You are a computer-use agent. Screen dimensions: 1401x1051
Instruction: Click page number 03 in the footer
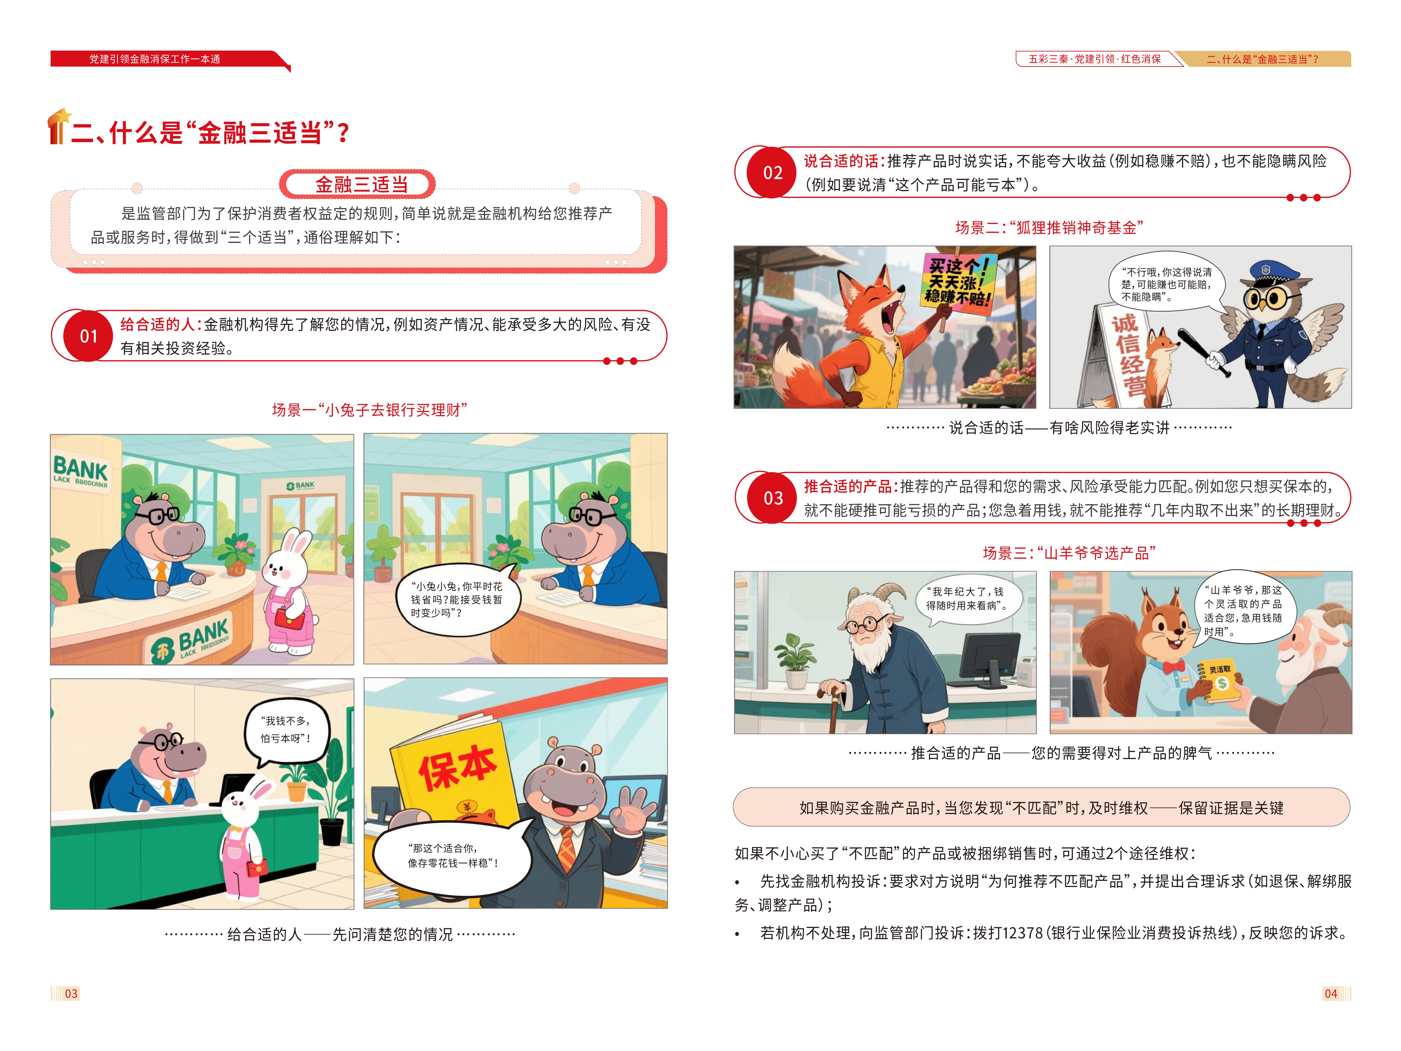pos(71,993)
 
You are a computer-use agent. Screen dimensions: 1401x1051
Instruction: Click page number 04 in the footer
pos(1331,993)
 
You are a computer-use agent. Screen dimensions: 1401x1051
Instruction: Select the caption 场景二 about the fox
pos(1049,227)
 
